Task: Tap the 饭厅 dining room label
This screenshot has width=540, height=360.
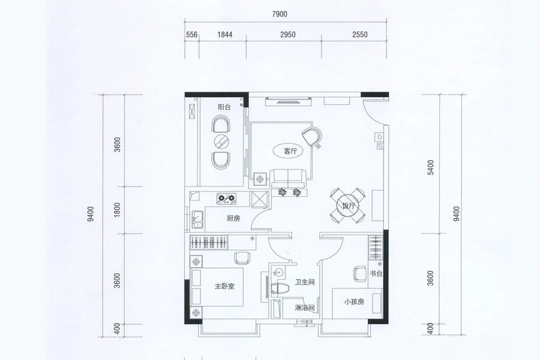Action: pyautogui.click(x=349, y=206)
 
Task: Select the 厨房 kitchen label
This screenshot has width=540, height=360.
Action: pyautogui.click(x=233, y=218)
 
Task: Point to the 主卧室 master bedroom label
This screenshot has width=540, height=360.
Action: pyautogui.click(x=224, y=286)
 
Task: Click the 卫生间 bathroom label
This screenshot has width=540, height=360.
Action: pyautogui.click(x=305, y=282)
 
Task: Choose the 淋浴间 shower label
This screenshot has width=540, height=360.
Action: pyautogui.click(x=305, y=308)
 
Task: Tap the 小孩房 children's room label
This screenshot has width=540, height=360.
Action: pyautogui.click(x=353, y=302)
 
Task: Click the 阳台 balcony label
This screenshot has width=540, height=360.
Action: pyautogui.click(x=224, y=107)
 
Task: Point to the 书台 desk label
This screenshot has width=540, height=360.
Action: pyautogui.click(x=376, y=274)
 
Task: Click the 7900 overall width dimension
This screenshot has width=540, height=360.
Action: pyautogui.click(x=279, y=14)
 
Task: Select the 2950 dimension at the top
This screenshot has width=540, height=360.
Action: pyautogui.click(x=288, y=34)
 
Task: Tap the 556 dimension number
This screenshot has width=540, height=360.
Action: pyautogui.click(x=192, y=34)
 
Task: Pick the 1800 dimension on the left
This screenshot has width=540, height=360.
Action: pyautogui.click(x=118, y=209)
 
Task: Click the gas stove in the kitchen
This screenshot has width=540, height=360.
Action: pyautogui.click(x=227, y=198)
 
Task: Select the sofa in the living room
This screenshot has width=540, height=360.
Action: pyautogui.click(x=287, y=178)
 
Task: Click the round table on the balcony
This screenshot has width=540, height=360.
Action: pyautogui.click(x=221, y=141)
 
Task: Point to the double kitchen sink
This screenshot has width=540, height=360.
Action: pyautogui.click(x=197, y=220)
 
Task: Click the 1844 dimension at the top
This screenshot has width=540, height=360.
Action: pyautogui.click(x=225, y=34)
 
